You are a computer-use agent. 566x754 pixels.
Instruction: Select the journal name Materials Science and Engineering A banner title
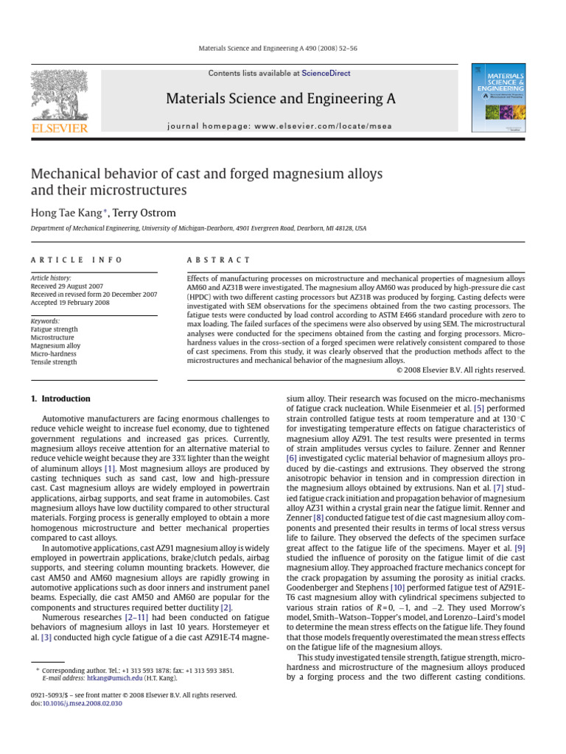coord(279,98)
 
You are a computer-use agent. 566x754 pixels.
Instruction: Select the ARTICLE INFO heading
coord(77,260)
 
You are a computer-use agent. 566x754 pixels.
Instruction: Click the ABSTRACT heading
coord(219,260)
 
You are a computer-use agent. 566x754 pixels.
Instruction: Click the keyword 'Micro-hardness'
coord(55,353)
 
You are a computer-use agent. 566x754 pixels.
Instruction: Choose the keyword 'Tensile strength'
coord(54,362)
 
